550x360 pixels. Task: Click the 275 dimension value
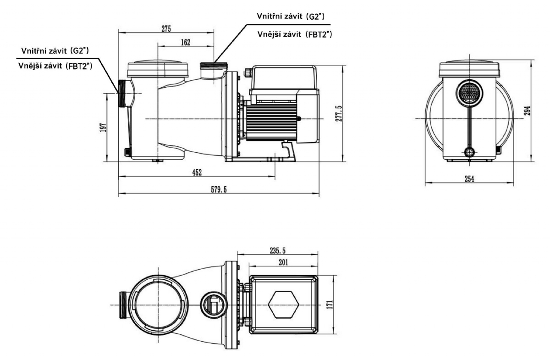click(x=166, y=28)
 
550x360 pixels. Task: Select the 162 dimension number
click(x=185, y=42)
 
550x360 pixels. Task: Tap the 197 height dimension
click(x=104, y=127)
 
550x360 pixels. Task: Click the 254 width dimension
click(x=469, y=179)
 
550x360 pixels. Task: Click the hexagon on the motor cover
click(x=283, y=305)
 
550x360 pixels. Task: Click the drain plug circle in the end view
click(x=469, y=152)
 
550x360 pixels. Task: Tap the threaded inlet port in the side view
click(x=123, y=94)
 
